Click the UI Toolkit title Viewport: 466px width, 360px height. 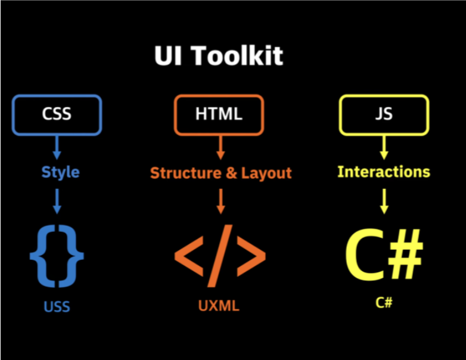click(219, 56)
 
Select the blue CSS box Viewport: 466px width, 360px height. click(57, 114)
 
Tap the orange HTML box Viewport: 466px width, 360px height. click(219, 114)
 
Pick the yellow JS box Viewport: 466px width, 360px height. click(384, 114)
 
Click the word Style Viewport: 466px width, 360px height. click(60, 172)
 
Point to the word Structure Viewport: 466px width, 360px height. click(185, 173)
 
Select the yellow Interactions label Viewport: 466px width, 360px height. click(384, 172)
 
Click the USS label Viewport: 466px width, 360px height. click(57, 307)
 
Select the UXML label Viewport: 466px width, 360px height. click(219, 306)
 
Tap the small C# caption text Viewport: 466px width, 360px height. click(384, 302)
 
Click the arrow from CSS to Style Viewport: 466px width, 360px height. click(57, 147)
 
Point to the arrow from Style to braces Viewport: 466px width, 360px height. click(57, 201)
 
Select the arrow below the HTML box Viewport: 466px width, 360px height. click(220, 147)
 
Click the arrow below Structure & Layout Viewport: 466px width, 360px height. click(220, 201)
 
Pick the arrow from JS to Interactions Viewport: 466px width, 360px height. click(384, 147)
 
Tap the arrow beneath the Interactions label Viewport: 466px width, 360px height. click(384, 201)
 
